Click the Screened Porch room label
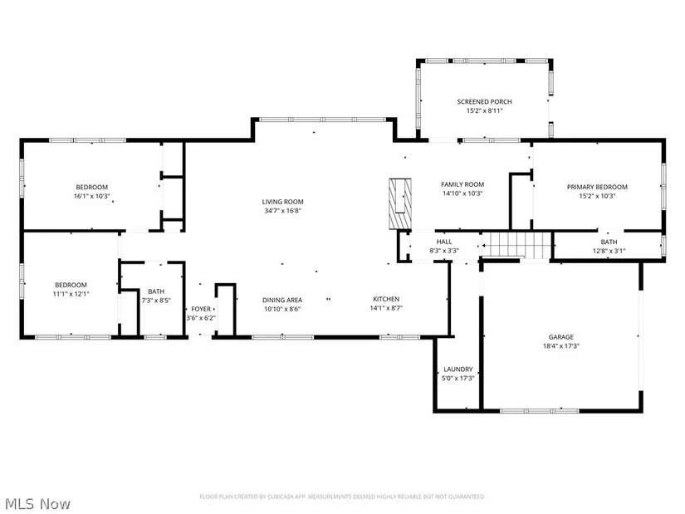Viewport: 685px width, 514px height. (484, 102)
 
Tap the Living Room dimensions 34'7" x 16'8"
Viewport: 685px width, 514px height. (282, 211)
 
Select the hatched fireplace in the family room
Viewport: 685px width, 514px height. (400, 203)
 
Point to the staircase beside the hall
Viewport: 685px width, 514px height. (516, 245)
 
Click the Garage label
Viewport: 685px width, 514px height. (561, 337)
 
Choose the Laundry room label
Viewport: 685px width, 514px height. (457, 370)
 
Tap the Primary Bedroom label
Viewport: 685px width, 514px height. (597, 187)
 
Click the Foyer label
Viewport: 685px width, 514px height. (201, 309)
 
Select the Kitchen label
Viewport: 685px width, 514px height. (386, 299)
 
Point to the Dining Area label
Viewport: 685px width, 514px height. (282, 300)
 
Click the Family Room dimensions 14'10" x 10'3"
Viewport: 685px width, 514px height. (462, 193)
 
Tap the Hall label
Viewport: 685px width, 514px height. (444, 242)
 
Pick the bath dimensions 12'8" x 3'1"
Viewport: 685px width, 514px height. (609, 251)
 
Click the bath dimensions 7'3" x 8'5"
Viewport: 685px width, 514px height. (156, 301)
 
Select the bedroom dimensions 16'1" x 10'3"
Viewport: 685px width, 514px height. (91, 196)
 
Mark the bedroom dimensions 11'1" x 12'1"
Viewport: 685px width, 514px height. (71, 294)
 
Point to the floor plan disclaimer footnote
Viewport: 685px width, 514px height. (342, 497)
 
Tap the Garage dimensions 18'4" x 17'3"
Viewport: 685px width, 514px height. (561, 346)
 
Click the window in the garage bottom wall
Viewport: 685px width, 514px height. (539, 411)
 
